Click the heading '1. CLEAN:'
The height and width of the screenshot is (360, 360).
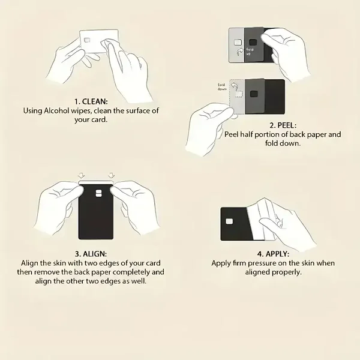click(x=91, y=101)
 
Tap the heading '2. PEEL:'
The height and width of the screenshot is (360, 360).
click(x=283, y=125)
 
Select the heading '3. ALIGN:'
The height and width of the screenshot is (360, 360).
click(x=91, y=254)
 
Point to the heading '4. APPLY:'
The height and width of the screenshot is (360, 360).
click(x=273, y=254)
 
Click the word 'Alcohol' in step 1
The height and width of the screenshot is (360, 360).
click(x=56, y=110)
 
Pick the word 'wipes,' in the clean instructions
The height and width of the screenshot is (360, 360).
click(x=81, y=111)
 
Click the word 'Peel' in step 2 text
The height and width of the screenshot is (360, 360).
click(x=232, y=134)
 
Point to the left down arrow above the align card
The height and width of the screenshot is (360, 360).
click(x=81, y=176)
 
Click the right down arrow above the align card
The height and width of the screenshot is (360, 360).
click(x=111, y=176)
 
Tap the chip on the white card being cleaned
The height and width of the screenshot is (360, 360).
click(x=87, y=41)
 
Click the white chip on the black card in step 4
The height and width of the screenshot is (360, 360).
click(x=229, y=221)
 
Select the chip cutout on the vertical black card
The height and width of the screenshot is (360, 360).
click(x=99, y=194)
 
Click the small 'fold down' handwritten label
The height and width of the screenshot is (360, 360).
click(x=222, y=87)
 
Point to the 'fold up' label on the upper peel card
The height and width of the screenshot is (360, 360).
click(x=250, y=52)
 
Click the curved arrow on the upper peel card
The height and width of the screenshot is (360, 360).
click(x=240, y=52)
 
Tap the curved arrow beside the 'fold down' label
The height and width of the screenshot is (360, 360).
click(x=234, y=86)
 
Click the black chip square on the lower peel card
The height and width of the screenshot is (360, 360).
click(x=254, y=94)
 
